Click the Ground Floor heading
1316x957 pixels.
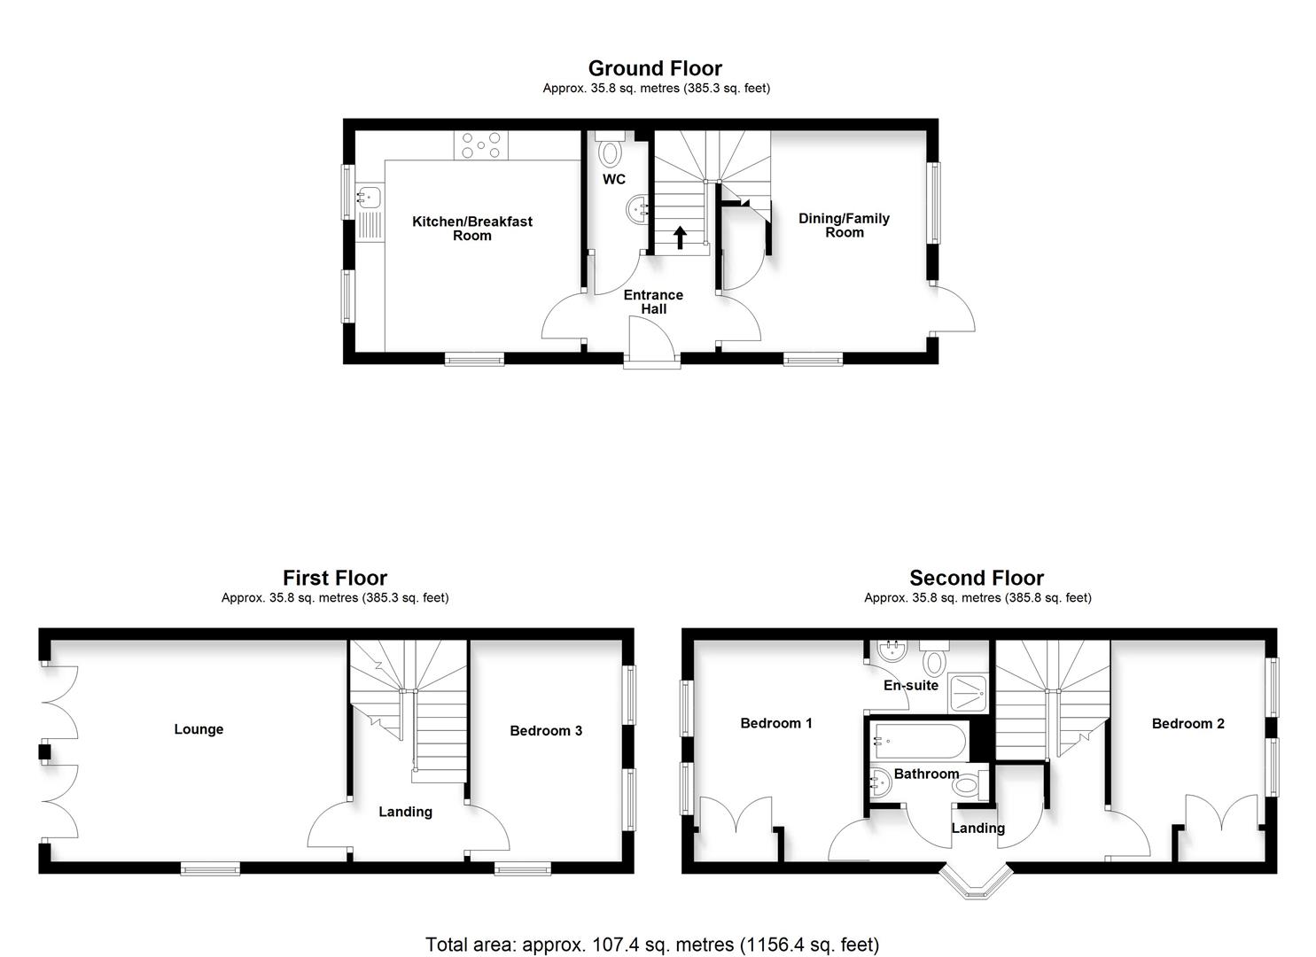(655, 68)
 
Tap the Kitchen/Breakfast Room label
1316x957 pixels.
(472, 229)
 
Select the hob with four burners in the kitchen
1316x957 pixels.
(481, 146)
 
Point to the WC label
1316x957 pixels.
(614, 180)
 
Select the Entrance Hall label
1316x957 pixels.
(653, 302)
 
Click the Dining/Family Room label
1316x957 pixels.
(844, 225)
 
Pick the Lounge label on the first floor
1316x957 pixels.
(199, 729)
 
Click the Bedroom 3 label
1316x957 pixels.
(546, 731)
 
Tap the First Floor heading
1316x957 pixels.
(335, 579)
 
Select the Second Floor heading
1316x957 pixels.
(977, 579)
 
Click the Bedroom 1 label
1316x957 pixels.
(776, 723)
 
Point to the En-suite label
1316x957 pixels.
(910, 685)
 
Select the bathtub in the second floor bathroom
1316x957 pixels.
(918, 740)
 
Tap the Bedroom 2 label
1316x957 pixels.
(1188, 724)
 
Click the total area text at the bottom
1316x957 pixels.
(652, 945)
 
